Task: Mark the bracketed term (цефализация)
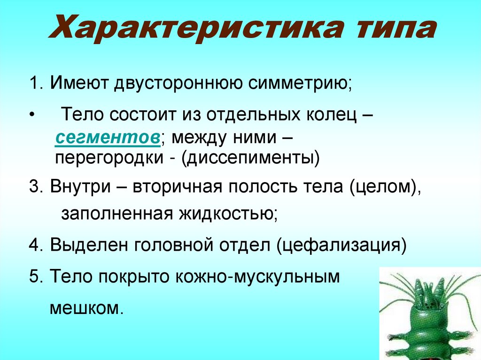coord(341,245)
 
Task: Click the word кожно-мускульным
coord(257,277)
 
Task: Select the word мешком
coord(86,307)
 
